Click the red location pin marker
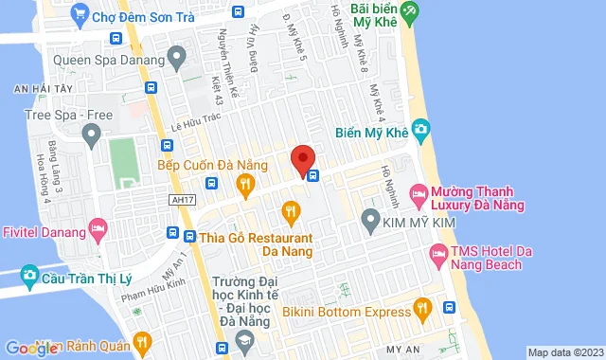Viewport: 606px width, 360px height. tap(302, 160)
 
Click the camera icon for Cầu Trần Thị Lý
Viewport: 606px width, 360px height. tap(30, 276)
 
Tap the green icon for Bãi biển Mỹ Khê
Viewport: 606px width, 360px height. tap(408, 14)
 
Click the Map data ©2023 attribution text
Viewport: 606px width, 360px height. tap(564, 352)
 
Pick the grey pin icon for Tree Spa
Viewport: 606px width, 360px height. tap(91, 136)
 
